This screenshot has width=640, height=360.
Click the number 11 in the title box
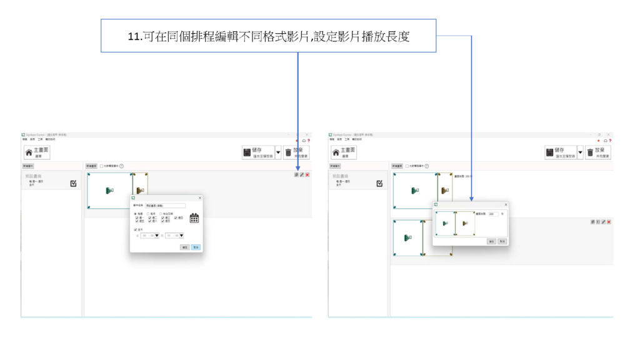tap(134, 36)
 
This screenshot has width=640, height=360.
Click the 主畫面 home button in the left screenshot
tap(37, 152)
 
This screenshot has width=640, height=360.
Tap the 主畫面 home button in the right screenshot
tap(344, 152)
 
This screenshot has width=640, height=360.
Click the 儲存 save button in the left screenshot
tap(257, 152)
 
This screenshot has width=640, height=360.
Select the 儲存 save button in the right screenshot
tap(560, 152)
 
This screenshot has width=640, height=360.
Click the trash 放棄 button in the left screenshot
tap(296, 152)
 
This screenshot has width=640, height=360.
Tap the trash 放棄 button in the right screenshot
tap(599, 152)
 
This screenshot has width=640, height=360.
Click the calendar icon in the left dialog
tap(194, 218)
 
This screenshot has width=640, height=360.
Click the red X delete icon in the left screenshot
tap(307, 175)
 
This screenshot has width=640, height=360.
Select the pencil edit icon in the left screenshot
tap(302, 175)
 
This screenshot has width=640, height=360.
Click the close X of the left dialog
tap(200, 198)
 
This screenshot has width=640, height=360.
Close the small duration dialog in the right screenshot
tap(506, 204)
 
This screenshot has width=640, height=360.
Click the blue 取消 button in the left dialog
tap(196, 247)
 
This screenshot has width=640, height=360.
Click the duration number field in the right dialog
tap(492, 214)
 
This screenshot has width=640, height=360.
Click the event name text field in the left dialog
tap(165, 205)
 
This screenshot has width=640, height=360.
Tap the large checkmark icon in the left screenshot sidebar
tap(74, 184)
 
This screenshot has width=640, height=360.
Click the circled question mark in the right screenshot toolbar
tap(426, 166)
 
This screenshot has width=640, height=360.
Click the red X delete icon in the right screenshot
tap(609, 222)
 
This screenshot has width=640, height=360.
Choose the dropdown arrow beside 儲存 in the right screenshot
tap(581, 152)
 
